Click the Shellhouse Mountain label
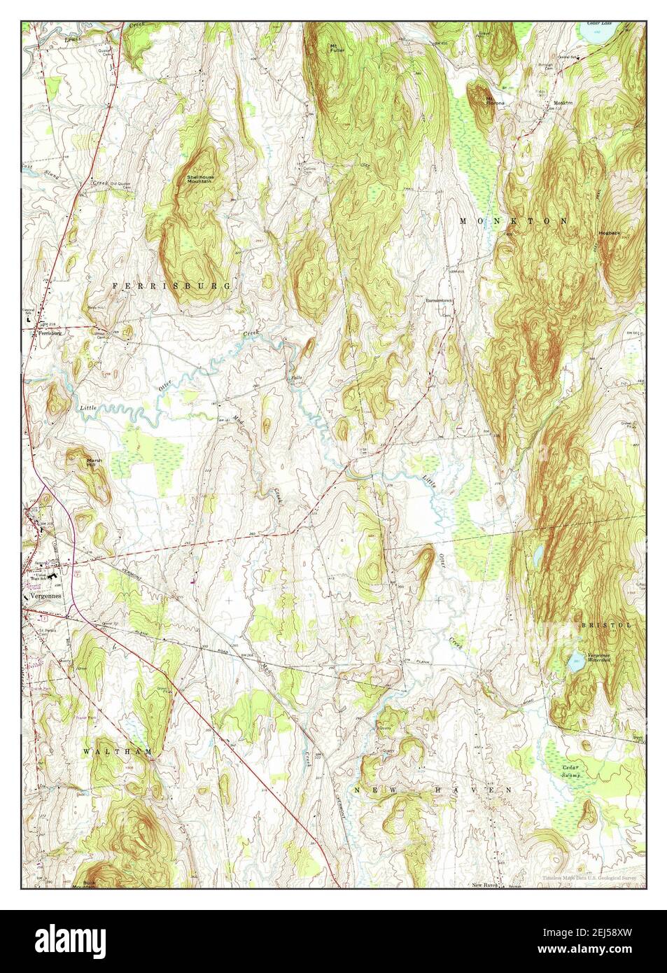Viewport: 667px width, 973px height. coord(200,179)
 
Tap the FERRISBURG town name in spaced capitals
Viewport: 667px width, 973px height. coord(171,286)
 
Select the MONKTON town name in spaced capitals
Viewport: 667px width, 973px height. coord(513,220)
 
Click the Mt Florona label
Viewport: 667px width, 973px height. coord(496,100)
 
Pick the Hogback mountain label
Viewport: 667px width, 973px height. coord(610,232)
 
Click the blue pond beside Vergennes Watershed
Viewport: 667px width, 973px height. coord(576,660)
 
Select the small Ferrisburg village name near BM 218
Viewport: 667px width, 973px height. coord(49,333)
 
